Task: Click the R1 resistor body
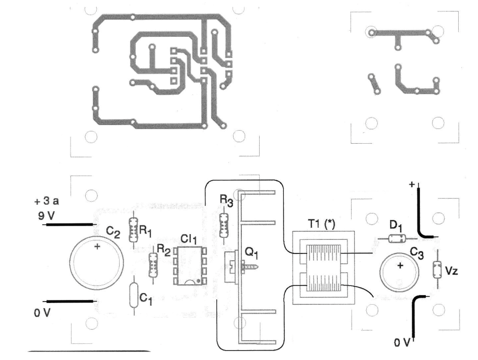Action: coord(133,230)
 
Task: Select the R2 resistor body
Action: coord(153,265)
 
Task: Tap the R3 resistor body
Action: coord(224,226)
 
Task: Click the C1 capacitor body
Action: coord(134,295)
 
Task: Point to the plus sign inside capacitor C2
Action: coord(97,246)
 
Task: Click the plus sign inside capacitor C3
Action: coord(400,266)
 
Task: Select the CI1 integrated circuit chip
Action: coord(190,266)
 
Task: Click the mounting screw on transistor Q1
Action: coord(250,267)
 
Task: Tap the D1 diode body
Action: coord(397,238)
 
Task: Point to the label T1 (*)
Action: coord(321,224)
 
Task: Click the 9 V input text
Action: coord(46,216)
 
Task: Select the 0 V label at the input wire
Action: coord(42,313)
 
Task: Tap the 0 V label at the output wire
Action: coord(402,343)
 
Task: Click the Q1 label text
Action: coord(252,252)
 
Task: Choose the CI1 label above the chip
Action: coord(189,239)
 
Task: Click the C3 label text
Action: coord(416,253)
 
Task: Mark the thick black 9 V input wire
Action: coord(70,225)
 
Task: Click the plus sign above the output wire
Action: coord(412,184)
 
